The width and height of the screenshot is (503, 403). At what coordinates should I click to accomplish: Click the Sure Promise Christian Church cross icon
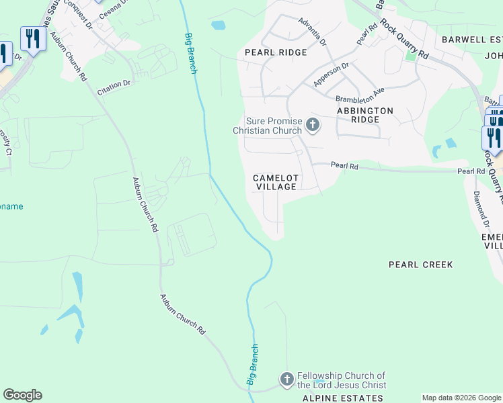coord(312,124)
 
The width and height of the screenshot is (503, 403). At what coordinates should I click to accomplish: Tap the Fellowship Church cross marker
coord(287,380)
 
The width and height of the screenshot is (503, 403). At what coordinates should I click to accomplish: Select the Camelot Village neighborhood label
coord(275,182)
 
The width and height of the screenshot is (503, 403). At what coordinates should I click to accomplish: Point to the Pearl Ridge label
coord(276,52)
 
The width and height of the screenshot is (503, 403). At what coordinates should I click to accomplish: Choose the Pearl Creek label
coord(421,265)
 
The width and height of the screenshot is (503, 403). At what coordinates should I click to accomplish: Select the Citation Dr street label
coord(114,85)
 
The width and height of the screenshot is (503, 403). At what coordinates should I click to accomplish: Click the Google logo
coord(22,395)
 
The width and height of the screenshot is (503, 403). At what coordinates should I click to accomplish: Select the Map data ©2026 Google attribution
coord(461,398)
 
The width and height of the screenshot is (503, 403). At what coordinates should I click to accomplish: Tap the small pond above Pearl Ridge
coord(218,26)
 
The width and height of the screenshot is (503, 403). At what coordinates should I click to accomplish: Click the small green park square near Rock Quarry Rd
coord(410,56)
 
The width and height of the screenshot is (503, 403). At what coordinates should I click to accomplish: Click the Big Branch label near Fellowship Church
coord(252,365)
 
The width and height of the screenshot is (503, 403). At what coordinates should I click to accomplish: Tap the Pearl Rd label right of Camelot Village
coord(344,165)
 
